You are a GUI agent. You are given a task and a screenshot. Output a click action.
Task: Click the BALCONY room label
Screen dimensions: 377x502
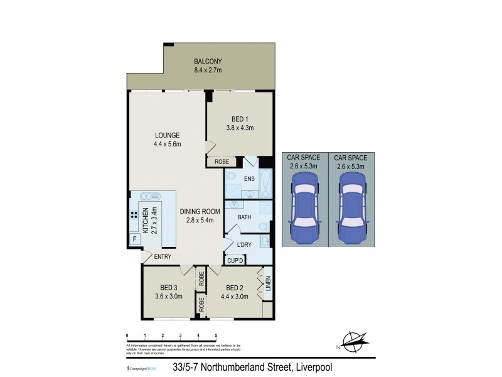(208, 62)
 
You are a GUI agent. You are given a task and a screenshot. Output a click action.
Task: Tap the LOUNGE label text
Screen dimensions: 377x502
(167, 135)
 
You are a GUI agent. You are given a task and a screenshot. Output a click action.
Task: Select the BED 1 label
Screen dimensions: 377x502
(238, 119)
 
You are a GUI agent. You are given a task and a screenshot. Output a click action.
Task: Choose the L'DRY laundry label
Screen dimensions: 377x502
(244, 244)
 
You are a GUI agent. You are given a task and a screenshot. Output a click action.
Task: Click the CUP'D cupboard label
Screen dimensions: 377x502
(235, 260)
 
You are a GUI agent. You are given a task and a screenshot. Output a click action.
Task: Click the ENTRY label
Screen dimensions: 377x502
(163, 256)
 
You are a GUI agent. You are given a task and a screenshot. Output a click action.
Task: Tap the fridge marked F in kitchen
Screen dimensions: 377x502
(134, 239)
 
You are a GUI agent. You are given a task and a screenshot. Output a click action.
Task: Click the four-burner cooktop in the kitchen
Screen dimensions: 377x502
(134, 214)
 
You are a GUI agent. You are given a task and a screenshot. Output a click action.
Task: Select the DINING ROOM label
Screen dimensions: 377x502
(198, 212)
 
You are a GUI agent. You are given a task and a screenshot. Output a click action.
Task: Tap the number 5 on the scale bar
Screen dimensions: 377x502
(216, 336)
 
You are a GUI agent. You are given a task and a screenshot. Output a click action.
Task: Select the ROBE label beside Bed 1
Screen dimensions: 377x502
(222, 161)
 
